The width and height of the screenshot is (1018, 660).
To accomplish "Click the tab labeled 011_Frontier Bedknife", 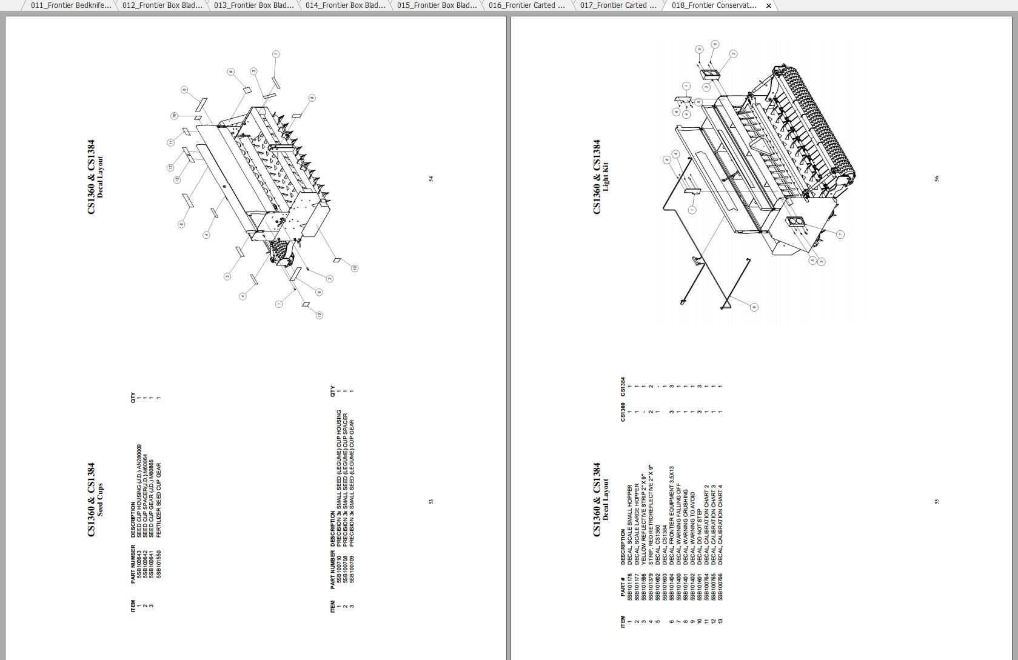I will [x=70, y=5].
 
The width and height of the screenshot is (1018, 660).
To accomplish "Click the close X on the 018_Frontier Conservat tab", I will [x=769, y=5].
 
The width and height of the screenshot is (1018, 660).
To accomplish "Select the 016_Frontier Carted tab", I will [x=526, y=5].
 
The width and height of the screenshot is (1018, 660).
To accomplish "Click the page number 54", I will [x=431, y=179].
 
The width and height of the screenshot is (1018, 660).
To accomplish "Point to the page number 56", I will [x=937, y=179].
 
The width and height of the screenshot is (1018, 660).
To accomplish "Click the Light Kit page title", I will [x=605, y=176].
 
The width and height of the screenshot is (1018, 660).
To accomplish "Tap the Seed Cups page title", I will [x=100, y=499].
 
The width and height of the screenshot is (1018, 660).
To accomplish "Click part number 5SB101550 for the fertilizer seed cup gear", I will [x=159, y=564].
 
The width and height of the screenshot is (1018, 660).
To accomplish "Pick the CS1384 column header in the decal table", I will [x=623, y=386].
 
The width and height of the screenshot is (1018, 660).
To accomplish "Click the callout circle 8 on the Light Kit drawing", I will [x=754, y=307].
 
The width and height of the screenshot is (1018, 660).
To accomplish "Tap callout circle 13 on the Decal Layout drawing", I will [x=177, y=179].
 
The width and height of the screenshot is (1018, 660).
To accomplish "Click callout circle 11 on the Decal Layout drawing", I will [x=171, y=142].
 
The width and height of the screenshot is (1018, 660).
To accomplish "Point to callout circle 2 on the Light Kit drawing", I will [x=733, y=54].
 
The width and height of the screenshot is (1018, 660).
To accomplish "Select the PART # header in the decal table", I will [x=623, y=587].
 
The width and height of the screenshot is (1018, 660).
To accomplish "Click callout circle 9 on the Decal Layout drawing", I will [x=231, y=72].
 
